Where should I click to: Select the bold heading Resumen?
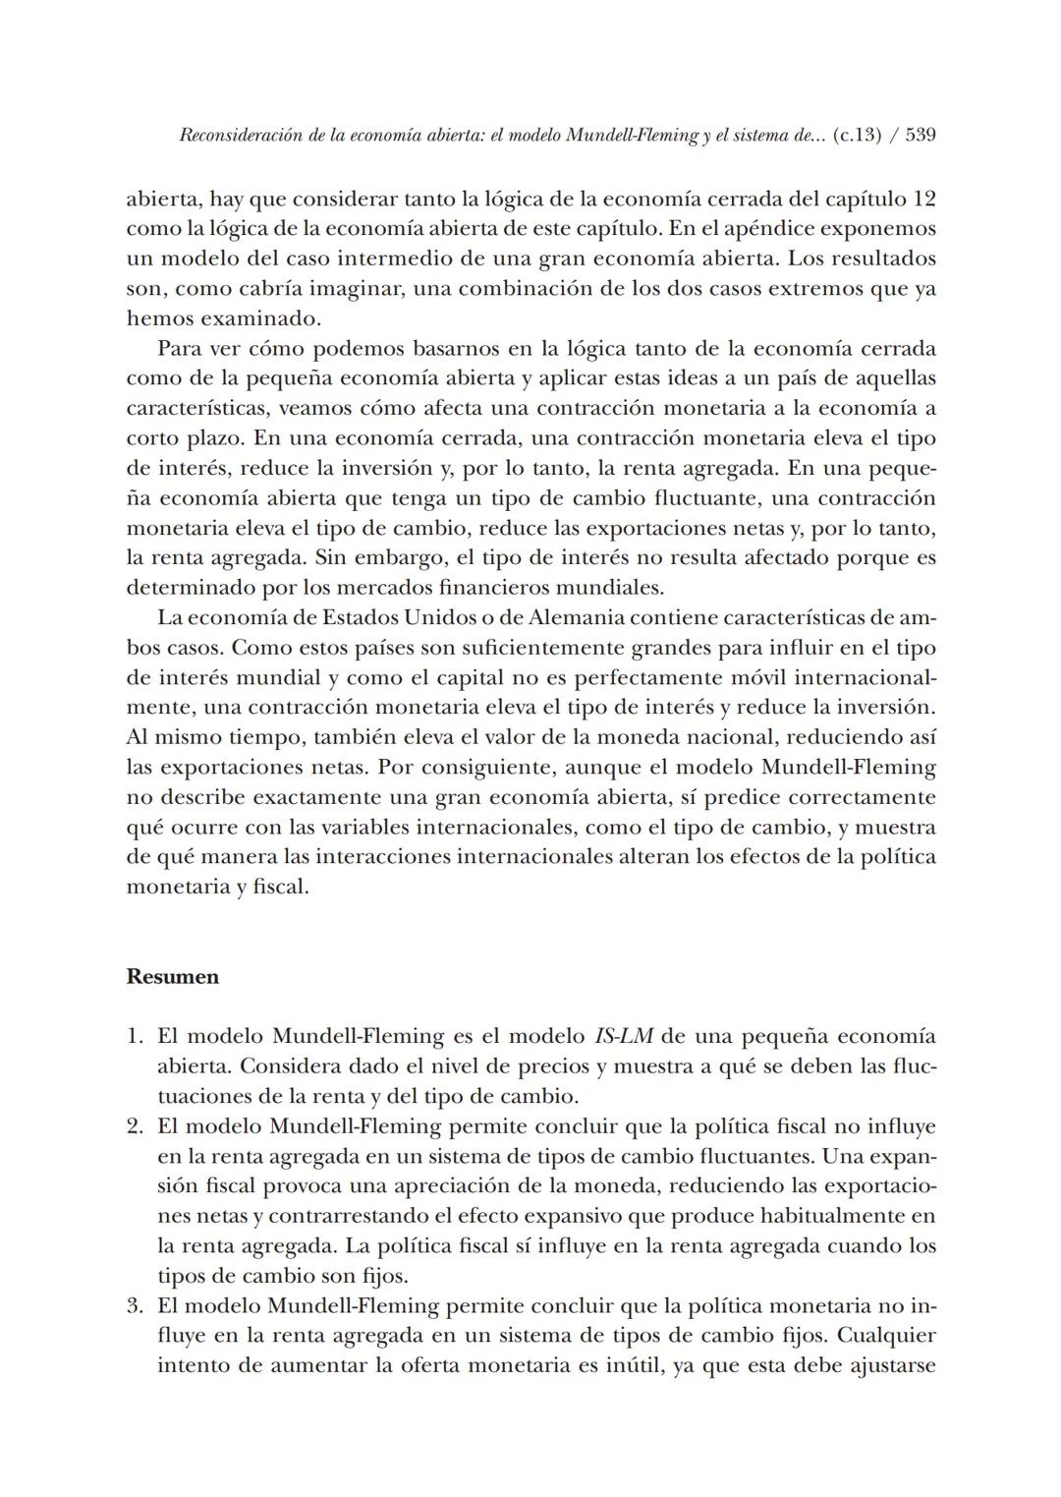pos(173,977)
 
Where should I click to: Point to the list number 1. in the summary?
pos(136,1036)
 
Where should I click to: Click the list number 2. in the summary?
pos(136,1125)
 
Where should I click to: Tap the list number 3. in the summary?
pos(136,1306)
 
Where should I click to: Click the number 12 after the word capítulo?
pos(923,199)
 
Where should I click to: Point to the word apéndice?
pos(770,229)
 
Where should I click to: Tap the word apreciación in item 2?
pos(406,1186)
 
